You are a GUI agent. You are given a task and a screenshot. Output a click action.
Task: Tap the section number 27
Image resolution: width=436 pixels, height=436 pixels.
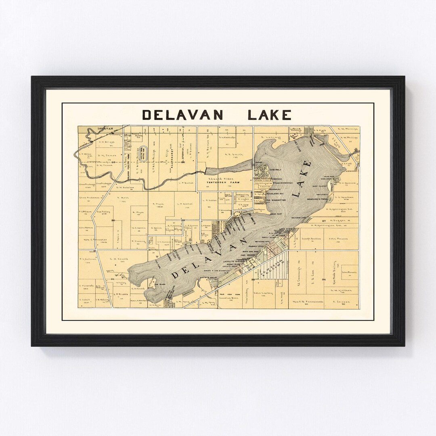324,220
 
